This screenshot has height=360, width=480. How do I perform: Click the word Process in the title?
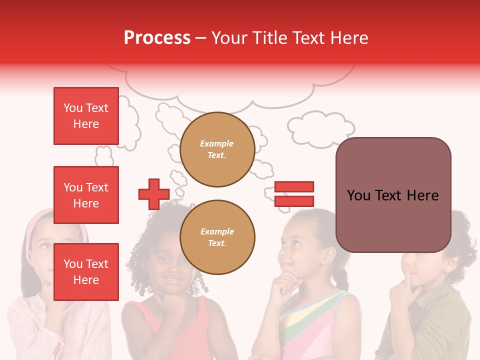157,38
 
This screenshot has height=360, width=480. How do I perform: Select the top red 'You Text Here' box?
86,116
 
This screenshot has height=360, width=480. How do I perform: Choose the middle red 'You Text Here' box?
86,195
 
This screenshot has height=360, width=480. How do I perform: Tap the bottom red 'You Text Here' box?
86,271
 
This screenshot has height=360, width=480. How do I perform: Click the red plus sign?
154,194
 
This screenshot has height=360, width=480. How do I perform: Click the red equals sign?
294,194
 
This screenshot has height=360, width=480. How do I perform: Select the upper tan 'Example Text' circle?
217,149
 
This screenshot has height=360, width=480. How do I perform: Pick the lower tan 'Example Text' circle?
217,237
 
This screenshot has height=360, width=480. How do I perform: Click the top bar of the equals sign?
294,186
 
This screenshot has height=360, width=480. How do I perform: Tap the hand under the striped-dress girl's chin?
283,285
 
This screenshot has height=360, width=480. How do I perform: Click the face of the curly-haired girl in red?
170,265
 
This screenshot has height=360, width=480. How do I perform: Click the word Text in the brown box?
392,195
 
